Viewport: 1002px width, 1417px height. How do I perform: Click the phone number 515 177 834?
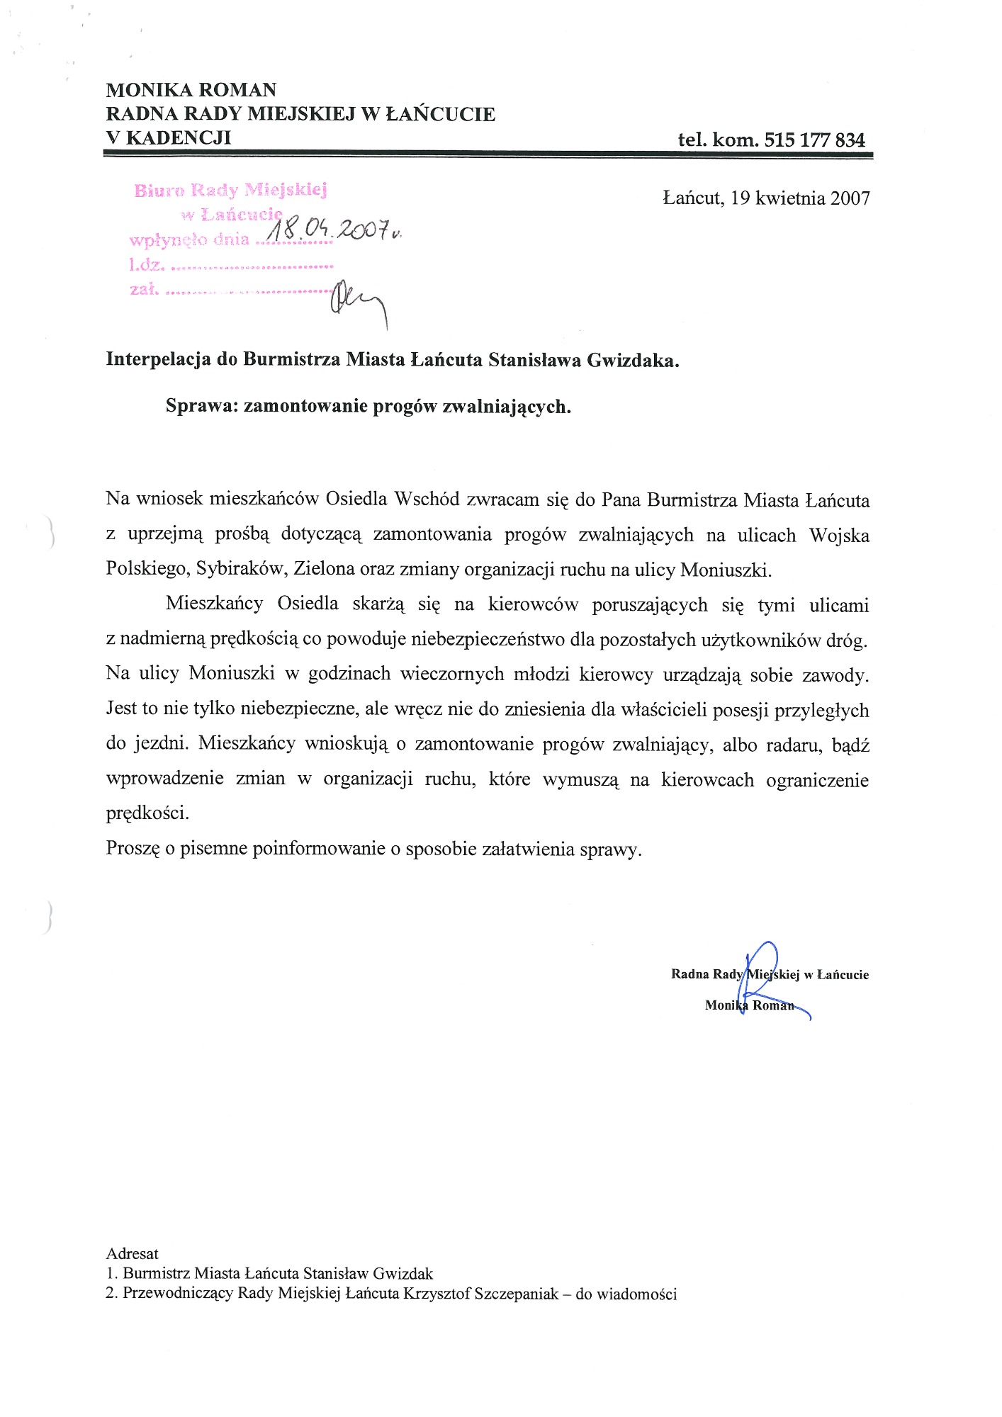click(815, 140)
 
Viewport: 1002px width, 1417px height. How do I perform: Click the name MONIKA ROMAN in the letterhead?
click(191, 90)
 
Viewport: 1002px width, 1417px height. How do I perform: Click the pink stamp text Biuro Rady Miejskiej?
click(230, 190)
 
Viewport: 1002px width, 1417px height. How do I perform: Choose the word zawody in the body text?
click(835, 675)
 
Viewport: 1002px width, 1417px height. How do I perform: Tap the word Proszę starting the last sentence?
click(133, 849)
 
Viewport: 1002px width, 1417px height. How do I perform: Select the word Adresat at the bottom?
click(132, 1253)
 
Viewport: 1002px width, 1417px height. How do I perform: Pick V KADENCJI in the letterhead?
click(168, 137)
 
